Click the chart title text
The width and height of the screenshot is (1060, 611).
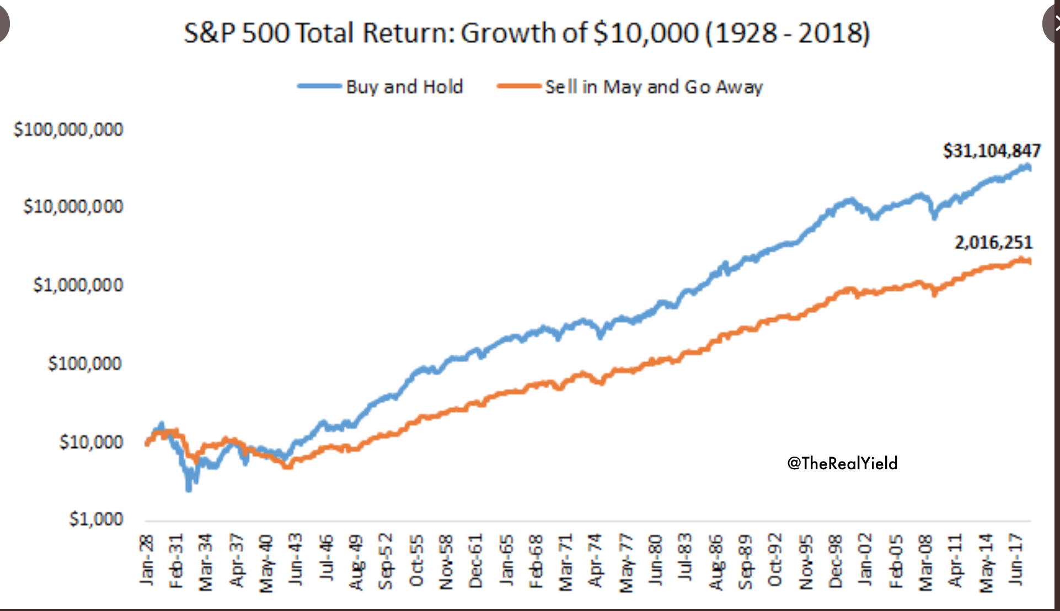(x=527, y=33)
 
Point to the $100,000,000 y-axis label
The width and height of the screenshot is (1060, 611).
(x=68, y=130)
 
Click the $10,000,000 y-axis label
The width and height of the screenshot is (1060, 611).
(x=73, y=207)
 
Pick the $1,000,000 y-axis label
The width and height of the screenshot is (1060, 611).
(x=78, y=285)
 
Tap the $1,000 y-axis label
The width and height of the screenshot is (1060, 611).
(x=96, y=519)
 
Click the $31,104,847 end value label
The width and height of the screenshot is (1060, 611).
(x=992, y=151)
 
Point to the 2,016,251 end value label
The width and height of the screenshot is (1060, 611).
(x=993, y=243)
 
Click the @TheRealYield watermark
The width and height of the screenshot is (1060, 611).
(x=842, y=463)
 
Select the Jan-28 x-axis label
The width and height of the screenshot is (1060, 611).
(x=147, y=560)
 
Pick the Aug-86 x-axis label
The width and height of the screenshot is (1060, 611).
(x=716, y=562)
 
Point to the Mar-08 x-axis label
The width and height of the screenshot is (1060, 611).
(x=925, y=562)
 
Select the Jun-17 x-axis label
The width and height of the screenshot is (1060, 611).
(x=1015, y=560)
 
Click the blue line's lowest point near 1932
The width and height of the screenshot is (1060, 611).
(x=189, y=487)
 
